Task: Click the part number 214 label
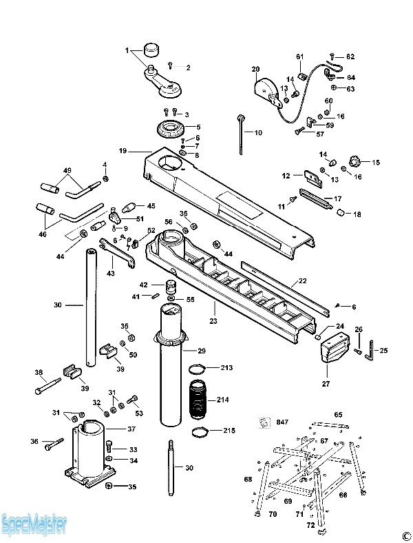[222, 400]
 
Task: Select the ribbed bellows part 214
[198, 399]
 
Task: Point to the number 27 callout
[326, 383]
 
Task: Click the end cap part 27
[333, 348]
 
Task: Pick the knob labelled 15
[354, 161]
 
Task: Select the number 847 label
[282, 422]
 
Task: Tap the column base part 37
[89, 454]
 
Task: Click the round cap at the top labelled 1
[152, 50]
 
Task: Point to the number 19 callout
[123, 151]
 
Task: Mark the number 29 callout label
[202, 351]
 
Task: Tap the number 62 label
[350, 57]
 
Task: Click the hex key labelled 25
[370, 350]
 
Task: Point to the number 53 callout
[139, 413]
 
